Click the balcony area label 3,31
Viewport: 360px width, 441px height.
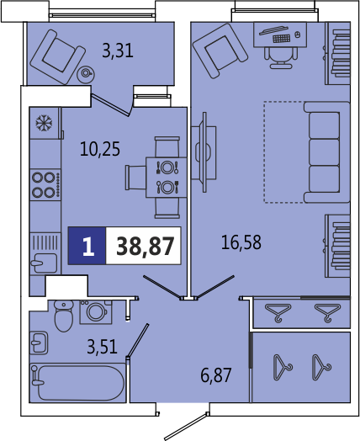coord(118,50)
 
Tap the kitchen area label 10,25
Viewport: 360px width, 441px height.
coord(100,149)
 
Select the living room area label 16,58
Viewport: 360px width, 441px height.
coord(241,242)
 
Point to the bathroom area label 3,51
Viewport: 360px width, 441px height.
coord(102,347)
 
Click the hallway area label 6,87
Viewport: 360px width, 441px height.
coord(216,375)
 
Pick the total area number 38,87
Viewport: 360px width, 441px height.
coord(146,246)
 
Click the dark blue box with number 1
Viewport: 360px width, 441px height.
coord(87,246)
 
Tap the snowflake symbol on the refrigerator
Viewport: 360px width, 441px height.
coord(44,123)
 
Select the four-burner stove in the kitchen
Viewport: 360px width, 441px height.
coord(45,184)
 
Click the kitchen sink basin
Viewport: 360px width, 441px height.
coord(45,263)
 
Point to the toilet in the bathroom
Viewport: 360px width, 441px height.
coord(64,316)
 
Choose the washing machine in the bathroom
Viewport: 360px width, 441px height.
coord(96,312)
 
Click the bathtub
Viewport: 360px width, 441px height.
coord(77,382)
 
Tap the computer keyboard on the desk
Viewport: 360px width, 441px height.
coord(282,39)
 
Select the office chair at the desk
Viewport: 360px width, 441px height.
coord(281,57)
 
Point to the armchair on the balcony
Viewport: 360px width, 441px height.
coord(57,57)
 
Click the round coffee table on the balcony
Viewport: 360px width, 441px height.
coord(86,73)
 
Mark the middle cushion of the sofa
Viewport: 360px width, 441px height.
coord(324,151)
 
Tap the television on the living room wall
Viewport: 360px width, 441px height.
coord(204,152)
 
